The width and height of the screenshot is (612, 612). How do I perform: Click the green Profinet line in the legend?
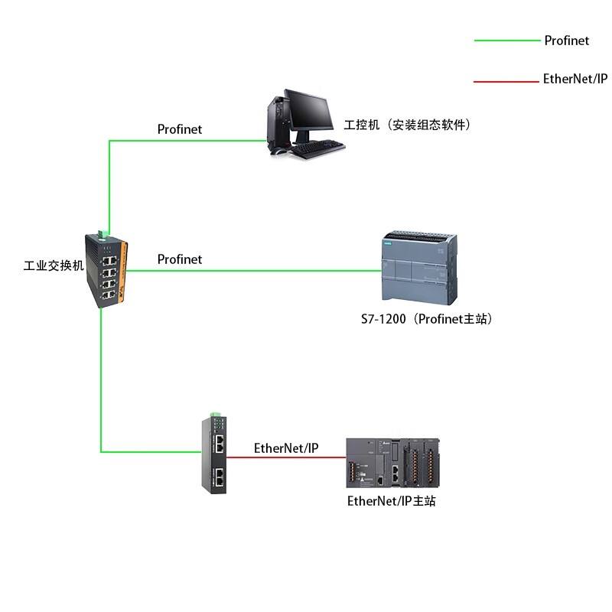tap(507, 41)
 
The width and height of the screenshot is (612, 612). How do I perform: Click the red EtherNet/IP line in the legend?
tap(506, 82)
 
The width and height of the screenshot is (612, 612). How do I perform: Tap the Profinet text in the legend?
tap(567, 41)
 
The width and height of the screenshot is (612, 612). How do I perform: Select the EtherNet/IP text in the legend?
tap(575, 79)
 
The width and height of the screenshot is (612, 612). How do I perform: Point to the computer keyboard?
tap(318, 148)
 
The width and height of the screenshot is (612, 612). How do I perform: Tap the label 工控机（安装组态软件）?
tap(407, 125)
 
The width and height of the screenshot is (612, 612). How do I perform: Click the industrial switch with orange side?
tap(106, 270)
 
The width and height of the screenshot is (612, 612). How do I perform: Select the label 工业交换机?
tap(54, 265)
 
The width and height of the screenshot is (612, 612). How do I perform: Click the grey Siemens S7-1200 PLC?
tap(419, 268)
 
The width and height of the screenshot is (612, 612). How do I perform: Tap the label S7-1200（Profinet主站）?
tap(427, 319)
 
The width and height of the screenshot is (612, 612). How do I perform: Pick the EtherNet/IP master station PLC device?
tap(393, 463)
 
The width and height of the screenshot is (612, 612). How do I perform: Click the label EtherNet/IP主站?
tap(392, 501)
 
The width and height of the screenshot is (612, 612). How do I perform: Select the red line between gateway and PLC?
tap(286, 457)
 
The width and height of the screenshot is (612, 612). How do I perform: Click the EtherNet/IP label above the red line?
tap(286, 448)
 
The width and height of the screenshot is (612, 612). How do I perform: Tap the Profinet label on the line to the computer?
tap(180, 129)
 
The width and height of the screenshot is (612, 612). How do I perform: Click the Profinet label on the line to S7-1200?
tap(180, 259)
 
